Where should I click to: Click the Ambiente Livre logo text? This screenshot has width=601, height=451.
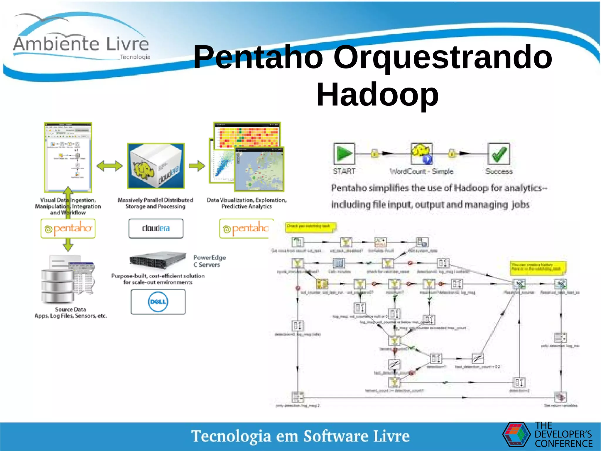pyautogui.click(x=81, y=44)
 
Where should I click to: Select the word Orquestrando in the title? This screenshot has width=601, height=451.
pyautogui.click(x=443, y=57)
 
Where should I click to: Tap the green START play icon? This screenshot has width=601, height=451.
pyautogui.click(x=344, y=153)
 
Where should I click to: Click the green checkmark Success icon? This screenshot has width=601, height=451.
pyautogui.click(x=498, y=153)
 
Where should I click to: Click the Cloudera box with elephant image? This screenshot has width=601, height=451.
pyautogui.click(x=156, y=166)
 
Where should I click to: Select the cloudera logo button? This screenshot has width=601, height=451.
pyautogui.click(x=156, y=228)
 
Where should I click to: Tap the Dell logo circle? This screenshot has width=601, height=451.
pyautogui.click(x=158, y=302)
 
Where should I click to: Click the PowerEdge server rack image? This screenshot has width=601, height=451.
pyautogui.click(x=158, y=260)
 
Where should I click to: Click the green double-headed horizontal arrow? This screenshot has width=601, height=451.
pyautogui.click(x=109, y=166)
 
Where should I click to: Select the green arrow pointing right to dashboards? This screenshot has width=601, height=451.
pyautogui.click(x=197, y=166)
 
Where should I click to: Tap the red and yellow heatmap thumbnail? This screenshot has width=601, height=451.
pyautogui.click(x=247, y=135)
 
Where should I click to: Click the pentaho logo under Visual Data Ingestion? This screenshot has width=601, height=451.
pyautogui.click(x=68, y=228)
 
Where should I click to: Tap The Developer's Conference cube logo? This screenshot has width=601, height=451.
pyautogui.click(x=516, y=434)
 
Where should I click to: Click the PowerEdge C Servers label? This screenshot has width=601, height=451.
pyautogui.click(x=209, y=261)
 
